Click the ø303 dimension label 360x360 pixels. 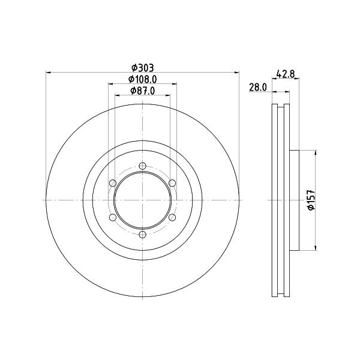[142, 68]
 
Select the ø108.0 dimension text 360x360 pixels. [143, 79]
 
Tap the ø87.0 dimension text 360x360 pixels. [143, 91]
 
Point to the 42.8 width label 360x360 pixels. [286, 74]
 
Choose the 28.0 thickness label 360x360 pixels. [258, 87]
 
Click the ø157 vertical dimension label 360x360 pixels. [311, 200]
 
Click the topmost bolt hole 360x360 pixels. [143, 166]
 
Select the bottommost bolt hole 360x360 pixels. [143, 235]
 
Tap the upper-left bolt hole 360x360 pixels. [113, 183]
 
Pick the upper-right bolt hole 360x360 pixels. [172, 183]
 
